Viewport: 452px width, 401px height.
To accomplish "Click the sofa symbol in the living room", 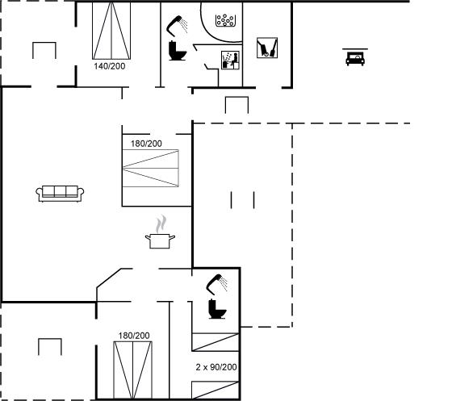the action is (x=60, y=194).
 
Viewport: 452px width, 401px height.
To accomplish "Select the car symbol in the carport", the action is (x=355, y=57).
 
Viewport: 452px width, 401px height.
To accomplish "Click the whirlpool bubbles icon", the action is (x=225, y=20).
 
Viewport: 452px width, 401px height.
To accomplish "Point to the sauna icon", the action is (x=230, y=61).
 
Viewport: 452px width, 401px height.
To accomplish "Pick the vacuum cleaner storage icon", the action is (x=267, y=48).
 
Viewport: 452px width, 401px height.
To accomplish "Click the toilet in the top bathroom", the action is (x=177, y=51).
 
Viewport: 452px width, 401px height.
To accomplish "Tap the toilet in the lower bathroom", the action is (x=217, y=309).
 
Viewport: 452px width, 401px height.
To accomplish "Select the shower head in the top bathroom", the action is (x=177, y=26).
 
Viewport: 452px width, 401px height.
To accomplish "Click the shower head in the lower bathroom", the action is (x=217, y=284).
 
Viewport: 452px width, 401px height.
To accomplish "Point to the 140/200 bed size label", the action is (x=110, y=66).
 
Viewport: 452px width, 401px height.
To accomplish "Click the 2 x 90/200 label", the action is (x=216, y=367).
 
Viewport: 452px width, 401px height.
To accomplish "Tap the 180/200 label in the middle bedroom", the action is (x=146, y=144).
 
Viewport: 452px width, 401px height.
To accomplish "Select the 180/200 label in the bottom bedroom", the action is (x=134, y=336).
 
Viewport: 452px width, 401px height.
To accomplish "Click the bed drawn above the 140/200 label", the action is (x=111, y=31).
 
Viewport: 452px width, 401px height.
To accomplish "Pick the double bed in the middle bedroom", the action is (x=150, y=169).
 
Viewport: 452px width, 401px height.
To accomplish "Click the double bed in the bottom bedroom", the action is (x=133, y=370).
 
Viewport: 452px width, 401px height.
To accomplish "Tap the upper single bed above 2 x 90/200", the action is (x=216, y=342).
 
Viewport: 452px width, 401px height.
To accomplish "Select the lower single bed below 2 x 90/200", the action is (x=216, y=391).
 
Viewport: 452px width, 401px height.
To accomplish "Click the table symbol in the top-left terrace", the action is (x=44, y=50).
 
